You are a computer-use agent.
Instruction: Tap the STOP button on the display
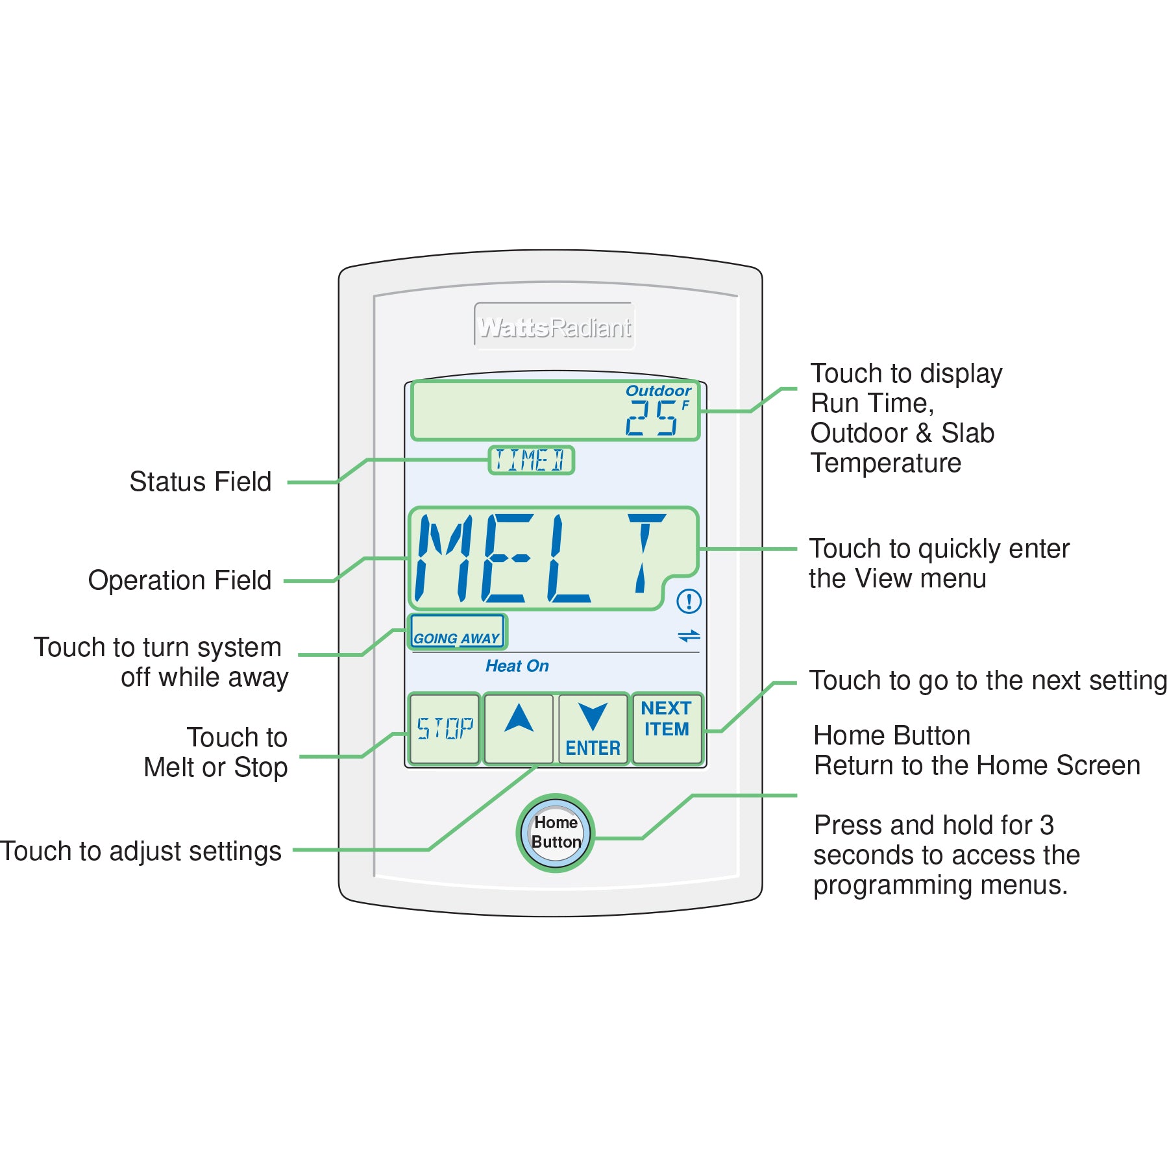445,728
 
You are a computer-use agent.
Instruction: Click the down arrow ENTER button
593,729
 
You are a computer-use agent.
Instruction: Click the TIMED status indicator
531,460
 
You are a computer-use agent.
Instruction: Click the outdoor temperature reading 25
652,417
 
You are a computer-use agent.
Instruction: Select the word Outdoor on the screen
657,391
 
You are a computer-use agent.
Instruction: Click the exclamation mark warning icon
689,601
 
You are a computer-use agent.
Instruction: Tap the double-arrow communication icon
689,636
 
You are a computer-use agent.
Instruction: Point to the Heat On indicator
517,666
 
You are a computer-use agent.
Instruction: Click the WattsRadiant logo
554,327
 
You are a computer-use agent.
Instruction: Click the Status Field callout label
200,482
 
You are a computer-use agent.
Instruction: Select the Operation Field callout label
180,580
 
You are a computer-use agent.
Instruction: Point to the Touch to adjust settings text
141,851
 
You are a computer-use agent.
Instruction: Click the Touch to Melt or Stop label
216,753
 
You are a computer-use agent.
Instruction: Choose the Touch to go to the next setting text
987,681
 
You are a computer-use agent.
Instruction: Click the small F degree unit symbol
685,405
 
